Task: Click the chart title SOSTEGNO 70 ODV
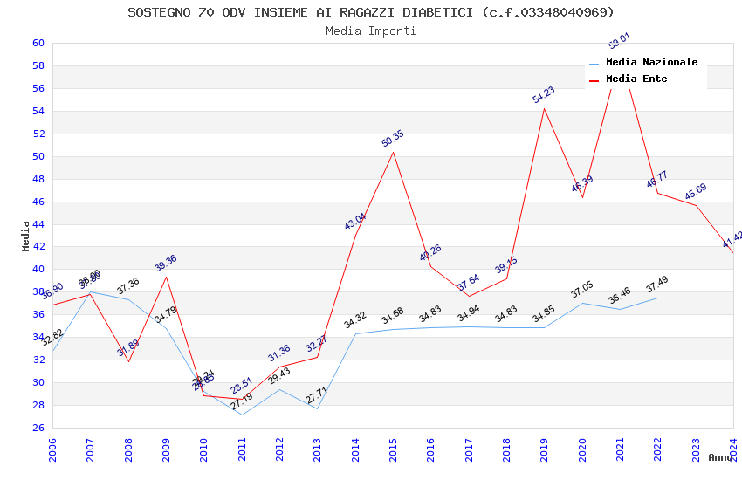pos(371,12)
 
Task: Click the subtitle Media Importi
pos(371,31)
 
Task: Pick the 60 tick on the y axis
pos(38,43)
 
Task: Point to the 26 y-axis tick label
pos(38,428)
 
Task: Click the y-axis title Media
pos(26,236)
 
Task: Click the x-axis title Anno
pos(720,457)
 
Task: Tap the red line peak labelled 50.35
pos(393,152)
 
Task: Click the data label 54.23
pos(544,95)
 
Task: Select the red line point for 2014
pos(355,235)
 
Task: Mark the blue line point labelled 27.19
pos(242,415)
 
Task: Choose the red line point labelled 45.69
pos(696,205)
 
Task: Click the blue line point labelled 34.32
pos(355,333)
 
